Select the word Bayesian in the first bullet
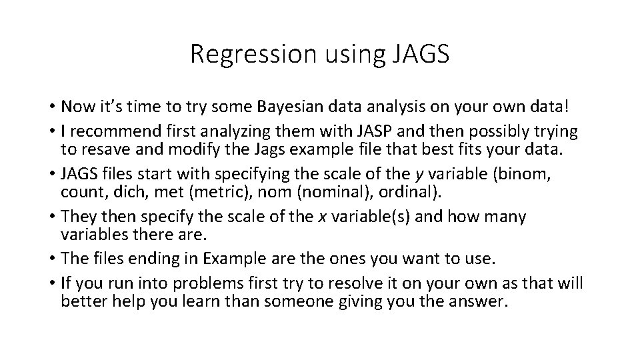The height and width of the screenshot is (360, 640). tap(270, 107)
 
